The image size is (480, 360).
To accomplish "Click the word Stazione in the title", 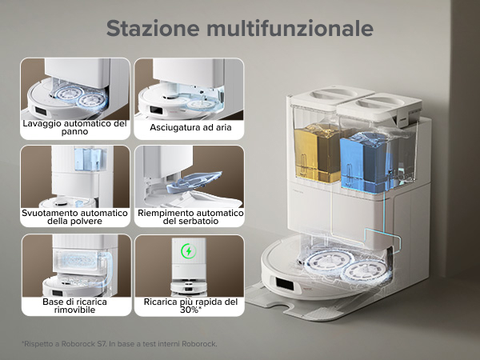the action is pos(153,28).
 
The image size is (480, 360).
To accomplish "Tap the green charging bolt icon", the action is pos(189,251).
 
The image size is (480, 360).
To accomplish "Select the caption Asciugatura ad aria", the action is pos(190,128).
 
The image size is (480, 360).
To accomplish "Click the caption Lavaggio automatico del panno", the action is pos(74,128).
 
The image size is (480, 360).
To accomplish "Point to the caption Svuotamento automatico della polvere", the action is pos(74,217).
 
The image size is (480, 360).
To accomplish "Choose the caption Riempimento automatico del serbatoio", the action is pos(190,217).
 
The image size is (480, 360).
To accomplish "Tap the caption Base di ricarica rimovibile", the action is pos(74,306).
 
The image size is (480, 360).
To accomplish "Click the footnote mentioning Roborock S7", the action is pos(119,344).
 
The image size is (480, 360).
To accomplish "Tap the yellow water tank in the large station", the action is pos(317,153).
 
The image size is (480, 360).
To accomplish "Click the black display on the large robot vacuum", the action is pos(284,284).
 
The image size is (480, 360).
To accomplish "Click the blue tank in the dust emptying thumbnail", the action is pos(91,159).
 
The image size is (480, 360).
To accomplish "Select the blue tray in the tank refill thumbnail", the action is pos(194,182).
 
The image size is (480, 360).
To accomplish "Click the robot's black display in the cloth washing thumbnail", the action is pos(41,111).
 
